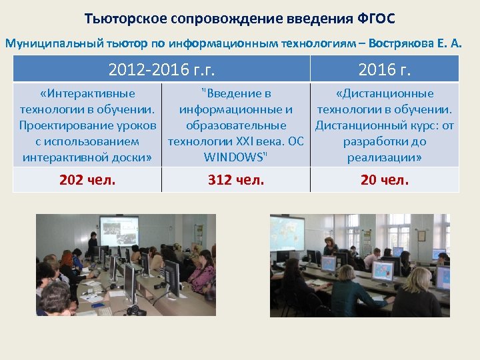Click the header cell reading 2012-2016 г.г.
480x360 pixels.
tap(162, 69)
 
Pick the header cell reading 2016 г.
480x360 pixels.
tap(385, 69)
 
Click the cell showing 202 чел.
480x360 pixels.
tap(87, 179)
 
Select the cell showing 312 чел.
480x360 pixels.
tap(236, 179)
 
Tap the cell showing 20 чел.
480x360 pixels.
tap(385, 179)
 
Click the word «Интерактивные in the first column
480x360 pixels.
tap(87, 93)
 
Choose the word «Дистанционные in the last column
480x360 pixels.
tap(385, 93)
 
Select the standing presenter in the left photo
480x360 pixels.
tap(93, 244)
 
